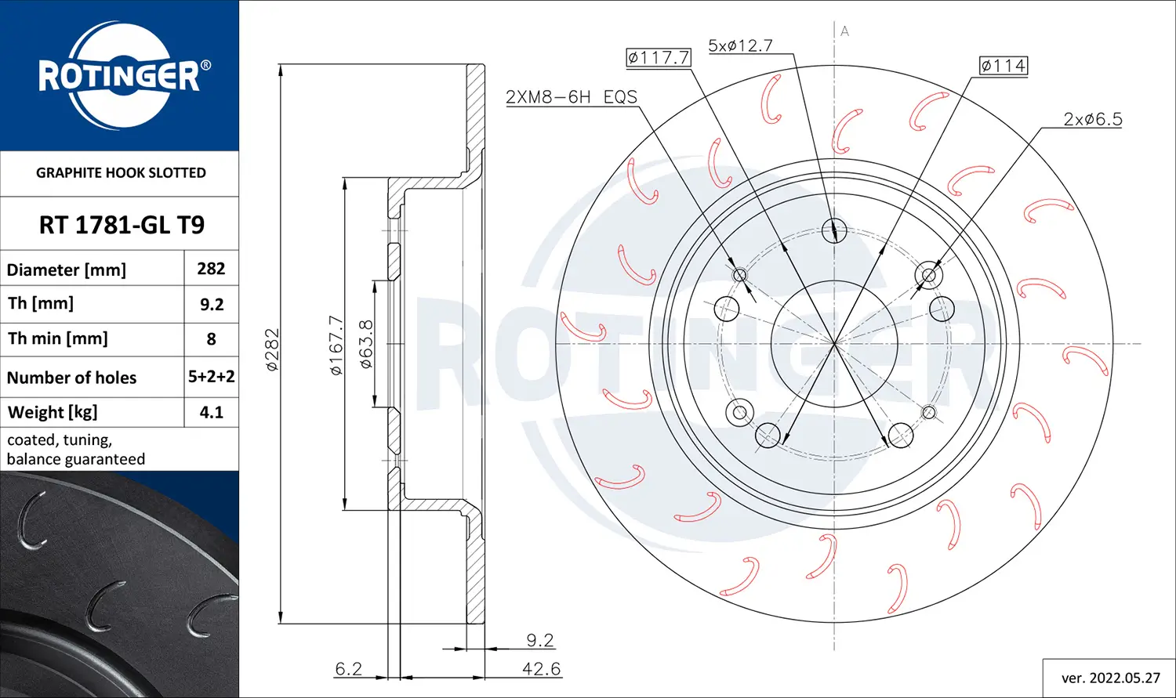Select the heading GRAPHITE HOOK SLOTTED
[x=121, y=173]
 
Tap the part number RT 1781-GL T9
[x=122, y=225]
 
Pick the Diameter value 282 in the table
[x=211, y=269]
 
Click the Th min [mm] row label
[x=58, y=338]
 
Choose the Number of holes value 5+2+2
[x=211, y=377]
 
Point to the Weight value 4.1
[x=211, y=412]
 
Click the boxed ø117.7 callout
[x=658, y=57]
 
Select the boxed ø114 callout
[x=1003, y=66]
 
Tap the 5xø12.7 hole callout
[x=740, y=45]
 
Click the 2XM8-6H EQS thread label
[x=571, y=97]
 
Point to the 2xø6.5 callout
[x=1092, y=120]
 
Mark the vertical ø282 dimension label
[x=272, y=349]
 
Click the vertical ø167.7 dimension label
[x=336, y=345]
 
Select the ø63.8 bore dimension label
[x=365, y=344]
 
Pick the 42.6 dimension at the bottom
[x=541, y=669]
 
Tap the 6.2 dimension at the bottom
[x=348, y=669]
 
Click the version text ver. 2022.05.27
[x=1110, y=678]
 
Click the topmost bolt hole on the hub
[x=834, y=230]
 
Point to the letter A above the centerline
[x=844, y=31]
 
